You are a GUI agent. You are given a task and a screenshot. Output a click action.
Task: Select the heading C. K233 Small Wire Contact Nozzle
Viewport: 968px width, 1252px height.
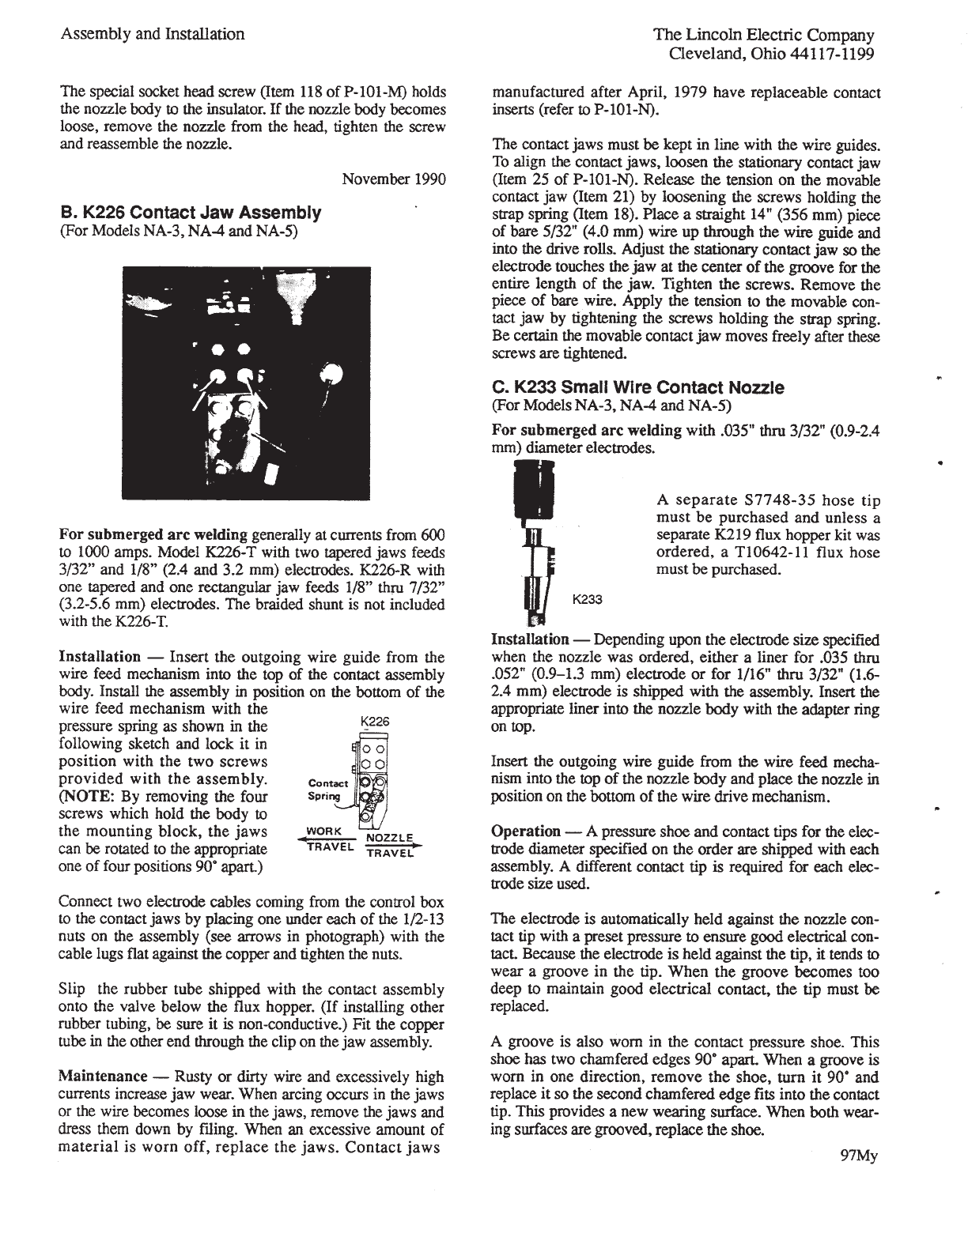637,388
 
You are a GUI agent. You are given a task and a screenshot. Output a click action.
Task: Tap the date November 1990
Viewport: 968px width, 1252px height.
393,179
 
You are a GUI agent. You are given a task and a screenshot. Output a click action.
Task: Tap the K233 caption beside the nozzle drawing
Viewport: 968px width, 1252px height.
587,599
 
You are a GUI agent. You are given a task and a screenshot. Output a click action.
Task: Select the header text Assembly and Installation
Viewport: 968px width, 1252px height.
152,34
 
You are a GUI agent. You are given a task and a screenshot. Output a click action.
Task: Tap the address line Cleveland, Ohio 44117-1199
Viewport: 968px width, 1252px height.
771,53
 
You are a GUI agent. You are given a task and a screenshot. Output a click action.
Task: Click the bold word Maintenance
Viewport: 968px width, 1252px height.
104,1077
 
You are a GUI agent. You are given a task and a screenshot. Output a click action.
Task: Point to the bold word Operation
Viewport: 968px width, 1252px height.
525,832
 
